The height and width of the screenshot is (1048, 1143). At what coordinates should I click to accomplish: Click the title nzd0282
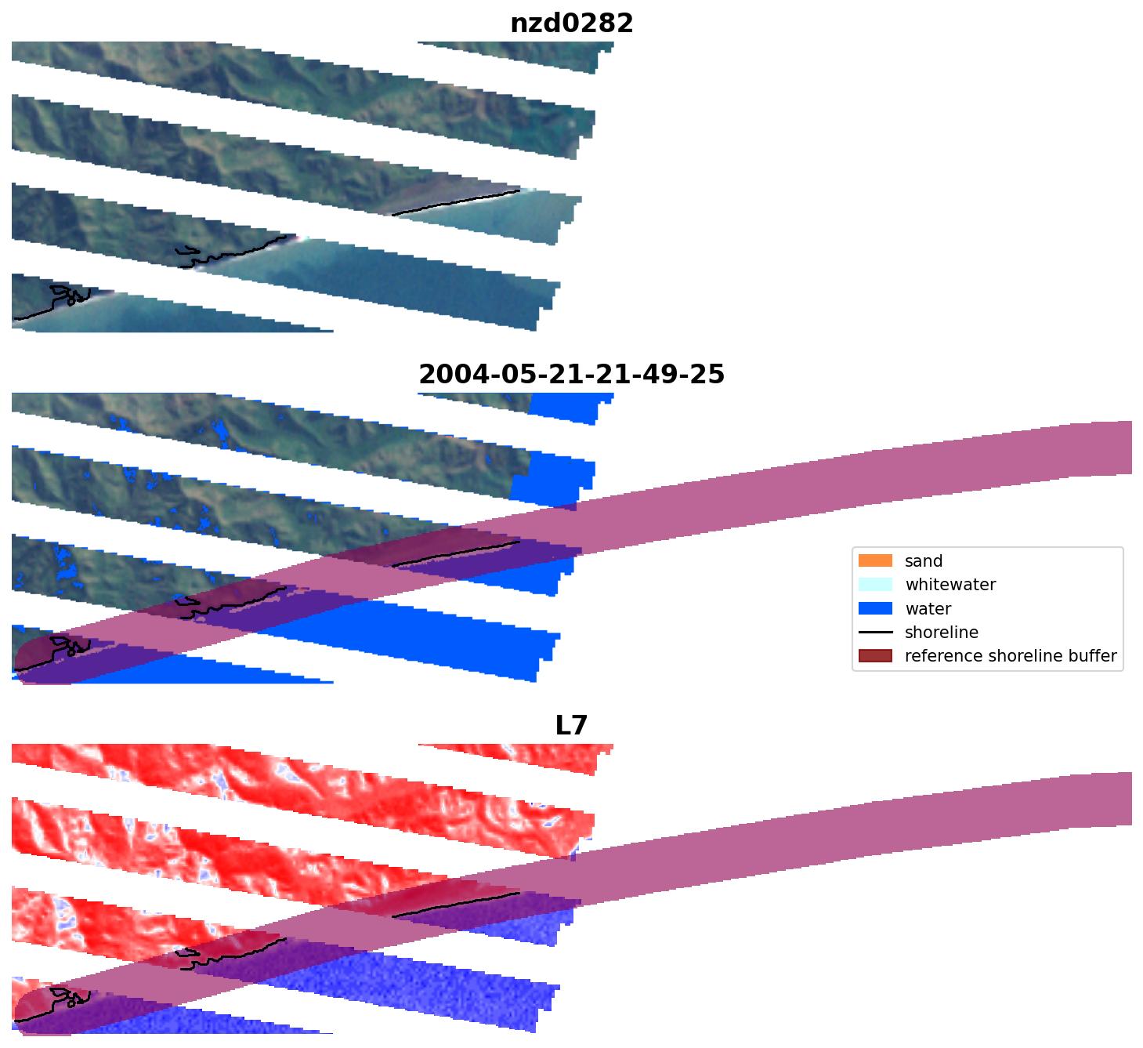click(x=571, y=24)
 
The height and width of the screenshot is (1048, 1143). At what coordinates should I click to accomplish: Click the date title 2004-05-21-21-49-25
click(x=571, y=375)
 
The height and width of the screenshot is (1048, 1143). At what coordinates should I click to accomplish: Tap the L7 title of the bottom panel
click(x=571, y=726)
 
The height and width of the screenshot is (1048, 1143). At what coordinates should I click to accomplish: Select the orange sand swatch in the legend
click(x=875, y=561)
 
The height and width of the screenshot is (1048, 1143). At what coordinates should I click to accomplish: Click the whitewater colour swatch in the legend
click(x=875, y=585)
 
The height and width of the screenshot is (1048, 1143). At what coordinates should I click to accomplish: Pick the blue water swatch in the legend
click(x=875, y=608)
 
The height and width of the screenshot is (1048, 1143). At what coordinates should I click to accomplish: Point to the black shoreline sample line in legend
click(x=875, y=633)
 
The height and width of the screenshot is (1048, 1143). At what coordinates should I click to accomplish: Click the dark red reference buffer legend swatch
click(x=875, y=656)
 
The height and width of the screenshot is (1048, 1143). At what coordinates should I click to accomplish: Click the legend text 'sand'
click(x=924, y=561)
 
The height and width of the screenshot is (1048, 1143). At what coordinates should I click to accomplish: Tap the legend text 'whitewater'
click(x=950, y=585)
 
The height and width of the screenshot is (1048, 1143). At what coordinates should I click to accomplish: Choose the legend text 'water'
click(x=928, y=609)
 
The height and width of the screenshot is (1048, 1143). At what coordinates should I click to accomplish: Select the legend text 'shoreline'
click(x=941, y=633)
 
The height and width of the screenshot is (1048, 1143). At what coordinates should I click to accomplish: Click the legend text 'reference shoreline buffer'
click(x=1010, y=656)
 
